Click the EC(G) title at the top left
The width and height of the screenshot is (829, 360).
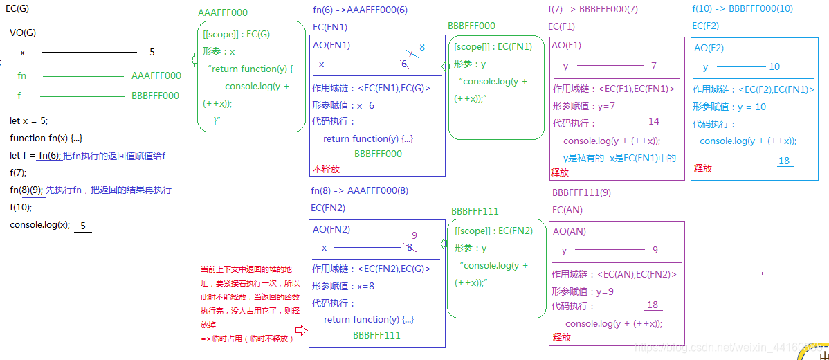point(17,9)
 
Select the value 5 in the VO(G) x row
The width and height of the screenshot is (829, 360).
point(152,52)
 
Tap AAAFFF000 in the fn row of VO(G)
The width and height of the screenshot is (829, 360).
point(156,76)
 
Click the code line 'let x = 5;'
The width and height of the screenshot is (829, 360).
point(29,120)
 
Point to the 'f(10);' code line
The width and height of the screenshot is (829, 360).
point(21,207)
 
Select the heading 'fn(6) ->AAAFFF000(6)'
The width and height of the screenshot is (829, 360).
point(359,10)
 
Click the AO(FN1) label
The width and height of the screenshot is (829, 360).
point(331,45)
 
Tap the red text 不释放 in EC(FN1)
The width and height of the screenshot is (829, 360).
point(326,169)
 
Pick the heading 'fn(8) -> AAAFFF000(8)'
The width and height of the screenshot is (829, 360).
point(360,190)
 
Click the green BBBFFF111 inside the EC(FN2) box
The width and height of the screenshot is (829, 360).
point(376,335)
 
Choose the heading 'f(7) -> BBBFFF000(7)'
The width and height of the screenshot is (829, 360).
point(593,10)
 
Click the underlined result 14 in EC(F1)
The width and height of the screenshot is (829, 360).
point(654,122)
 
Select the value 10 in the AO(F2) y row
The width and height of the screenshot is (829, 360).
point(774,67)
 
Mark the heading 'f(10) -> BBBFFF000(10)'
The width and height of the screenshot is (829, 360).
point(743,9)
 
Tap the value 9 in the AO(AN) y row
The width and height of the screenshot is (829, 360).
point(655,251)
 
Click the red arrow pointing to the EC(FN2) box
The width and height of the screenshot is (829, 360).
point(300,331)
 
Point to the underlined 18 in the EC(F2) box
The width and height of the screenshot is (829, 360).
point(784,161)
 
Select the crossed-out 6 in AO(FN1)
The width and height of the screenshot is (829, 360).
point(404,64)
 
